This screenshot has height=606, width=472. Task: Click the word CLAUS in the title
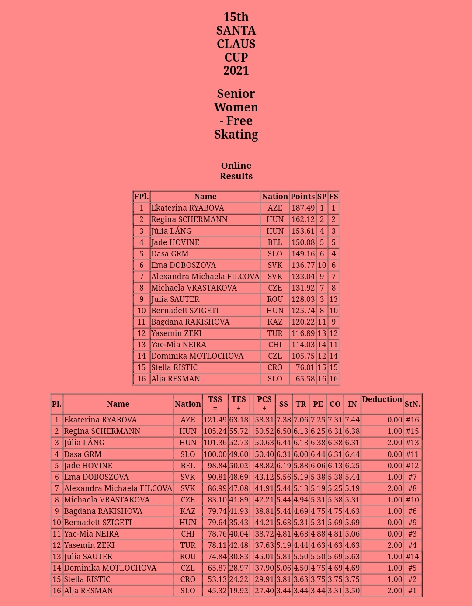[x=236, y=44]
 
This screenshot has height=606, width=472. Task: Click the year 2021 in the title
[x=236, y=71]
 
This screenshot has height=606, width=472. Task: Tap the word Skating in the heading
[x=236, y=135]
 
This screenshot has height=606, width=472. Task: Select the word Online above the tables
[x=236, y=166]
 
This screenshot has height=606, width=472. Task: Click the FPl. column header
[x=142, y=197]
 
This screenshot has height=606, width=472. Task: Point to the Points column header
[x=302, y=197]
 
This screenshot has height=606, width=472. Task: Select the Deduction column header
[x=382, y=399]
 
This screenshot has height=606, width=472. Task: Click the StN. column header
[x=413, y=404]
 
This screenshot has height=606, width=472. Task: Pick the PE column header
[x=318, y=404]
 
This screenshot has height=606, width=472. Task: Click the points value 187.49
[x=303, y=208]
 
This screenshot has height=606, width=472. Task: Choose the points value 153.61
[x=303, y=231]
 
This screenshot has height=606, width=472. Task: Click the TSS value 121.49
[x=215, y=420]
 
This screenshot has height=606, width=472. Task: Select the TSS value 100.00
[x=215, y=454]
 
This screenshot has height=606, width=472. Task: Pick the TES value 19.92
[x=239, y=591]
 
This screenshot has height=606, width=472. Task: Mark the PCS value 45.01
[x=264, y=557]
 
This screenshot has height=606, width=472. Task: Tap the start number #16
[x=413, y=420]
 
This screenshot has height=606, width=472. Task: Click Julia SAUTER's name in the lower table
[x=88, y=557]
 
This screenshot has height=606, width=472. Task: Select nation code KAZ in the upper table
[x=275, y=322]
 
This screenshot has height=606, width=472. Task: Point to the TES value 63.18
[x=239, y=420]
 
